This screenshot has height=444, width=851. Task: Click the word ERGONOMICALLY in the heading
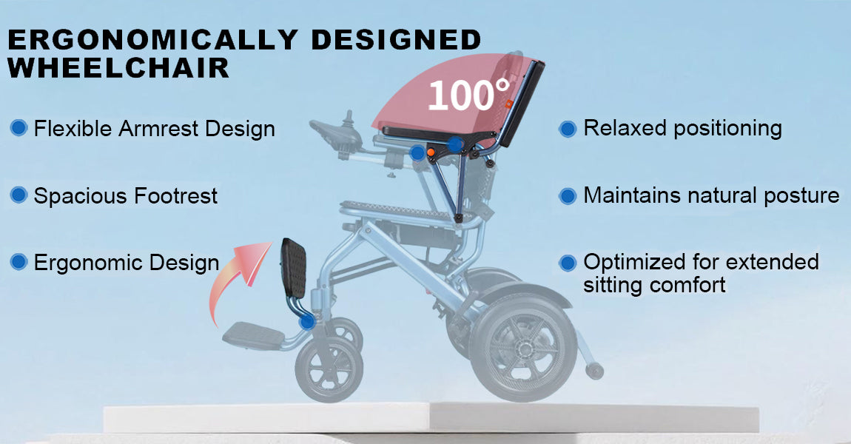pos(152,40)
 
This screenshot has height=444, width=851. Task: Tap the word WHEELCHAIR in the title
pos(118,68)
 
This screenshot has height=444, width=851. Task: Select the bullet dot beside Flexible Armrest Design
pos(18,128)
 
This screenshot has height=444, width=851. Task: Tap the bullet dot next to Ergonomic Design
pos(18,262)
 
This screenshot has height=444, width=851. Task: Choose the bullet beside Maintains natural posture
pos(568,196)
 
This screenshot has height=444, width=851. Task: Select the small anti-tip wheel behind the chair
pos(594,371)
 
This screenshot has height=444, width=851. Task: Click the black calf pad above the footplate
pos(294,268)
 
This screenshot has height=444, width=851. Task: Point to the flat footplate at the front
pos(254,334)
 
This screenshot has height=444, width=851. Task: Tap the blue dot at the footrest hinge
pos(307,322)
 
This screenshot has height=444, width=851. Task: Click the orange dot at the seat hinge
pos(431,152)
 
